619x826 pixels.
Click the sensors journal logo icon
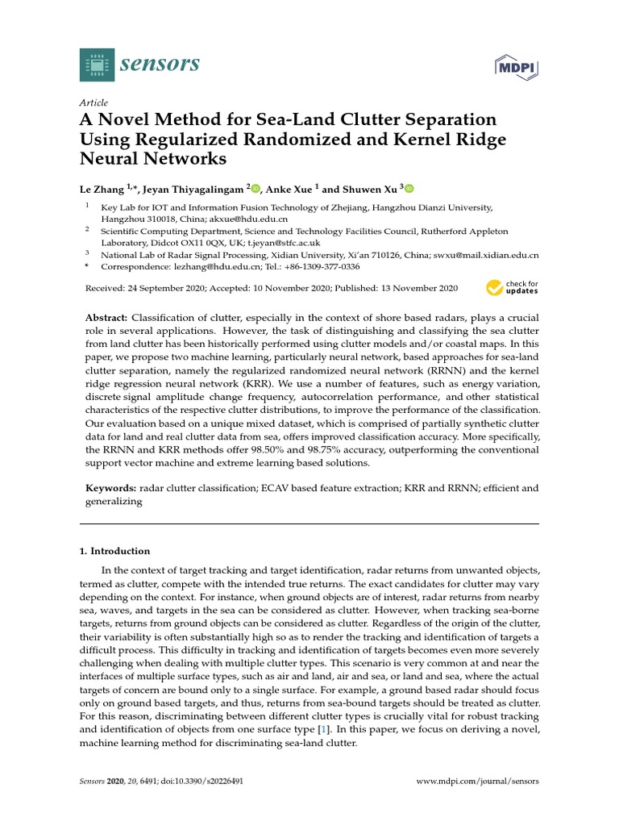pos(96,65)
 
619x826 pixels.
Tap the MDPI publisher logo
pos(516,68)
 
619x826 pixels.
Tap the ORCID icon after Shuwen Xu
pos(409,189)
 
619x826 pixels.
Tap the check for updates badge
pos(512,288)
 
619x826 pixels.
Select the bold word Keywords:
pos(111,488)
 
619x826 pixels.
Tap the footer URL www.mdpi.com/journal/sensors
pos(476,782)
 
